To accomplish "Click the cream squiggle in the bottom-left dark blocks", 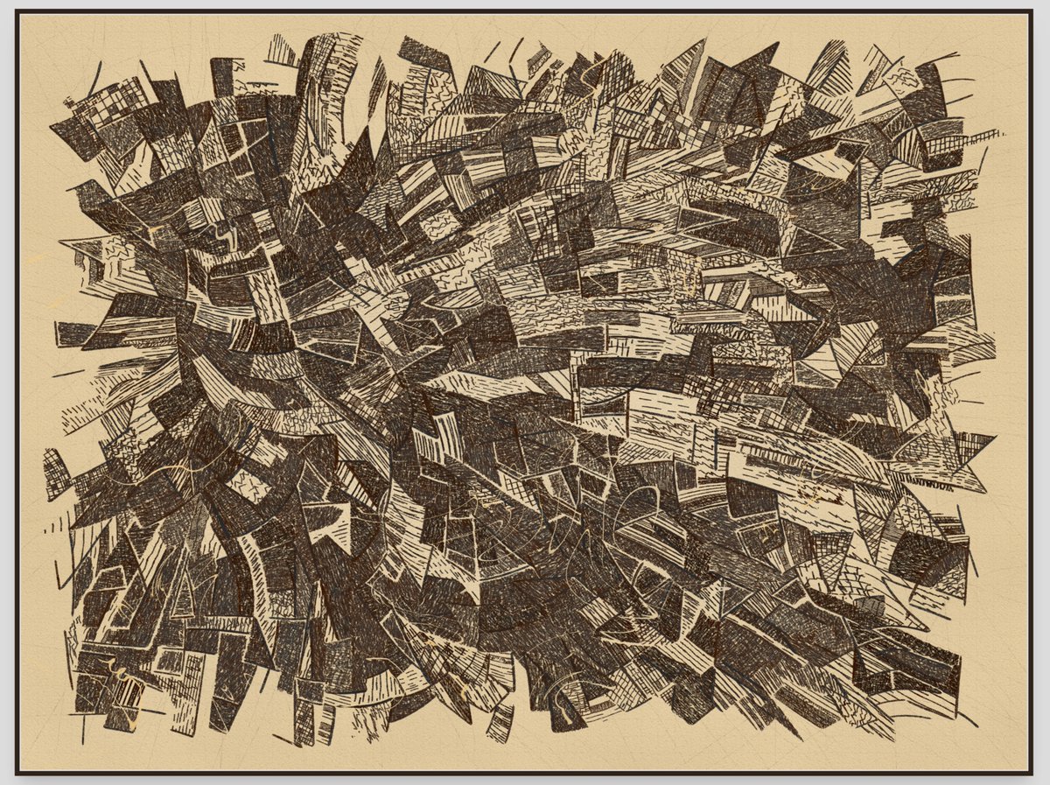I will [118, 674].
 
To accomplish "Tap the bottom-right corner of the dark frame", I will [1032, 773].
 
